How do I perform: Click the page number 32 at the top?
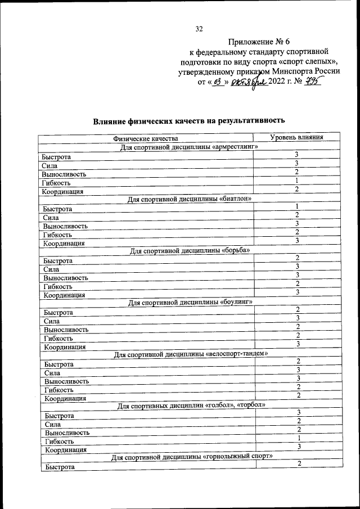coord(199,29)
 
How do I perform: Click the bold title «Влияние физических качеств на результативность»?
coord(190,120)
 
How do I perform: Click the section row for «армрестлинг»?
coord(189,147)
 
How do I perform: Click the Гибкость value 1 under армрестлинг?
coord(296,181)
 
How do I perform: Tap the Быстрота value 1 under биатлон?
coord(296,206)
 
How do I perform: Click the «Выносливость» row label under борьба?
coord(66,278)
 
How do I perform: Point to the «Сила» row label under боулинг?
coord(52,321)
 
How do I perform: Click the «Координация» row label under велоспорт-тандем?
coord(65,398)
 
